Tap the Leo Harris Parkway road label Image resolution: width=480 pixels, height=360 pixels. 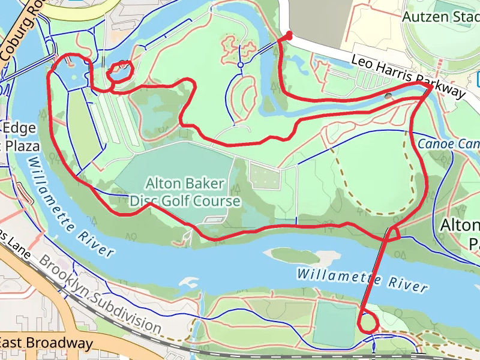408,76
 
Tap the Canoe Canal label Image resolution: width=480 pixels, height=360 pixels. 448,144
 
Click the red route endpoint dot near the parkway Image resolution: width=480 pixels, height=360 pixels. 289,36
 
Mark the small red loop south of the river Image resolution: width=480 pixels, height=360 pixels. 368,323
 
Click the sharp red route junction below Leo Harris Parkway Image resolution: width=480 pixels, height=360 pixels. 430,88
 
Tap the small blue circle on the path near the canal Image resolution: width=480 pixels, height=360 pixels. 240,64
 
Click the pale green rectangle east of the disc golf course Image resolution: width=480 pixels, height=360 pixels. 265,175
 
